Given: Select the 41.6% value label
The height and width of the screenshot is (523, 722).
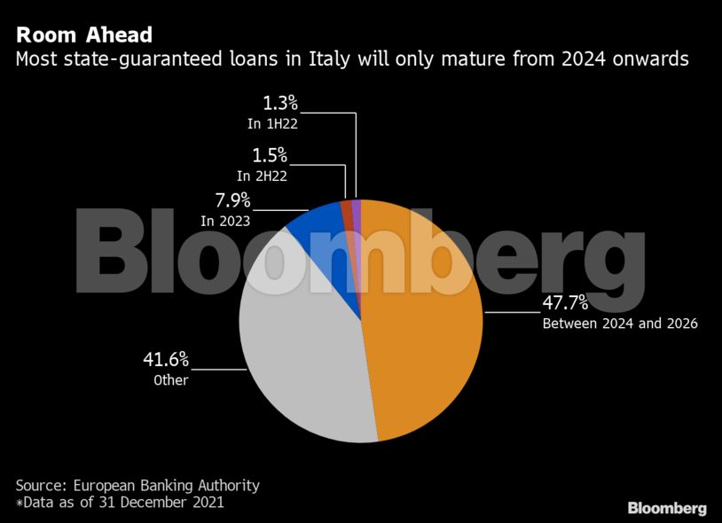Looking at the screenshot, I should (x=167, y=360).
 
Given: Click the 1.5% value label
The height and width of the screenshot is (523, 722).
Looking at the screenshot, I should (x=271, y=155).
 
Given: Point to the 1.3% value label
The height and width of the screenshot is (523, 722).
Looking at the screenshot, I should (x=279, y=105).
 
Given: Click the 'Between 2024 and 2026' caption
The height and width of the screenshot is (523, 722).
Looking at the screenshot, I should (x=620, y=324).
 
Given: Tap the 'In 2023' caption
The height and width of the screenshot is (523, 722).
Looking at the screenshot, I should (x=224, y=221).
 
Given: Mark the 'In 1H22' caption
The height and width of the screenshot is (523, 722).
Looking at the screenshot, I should (x=272, y=124).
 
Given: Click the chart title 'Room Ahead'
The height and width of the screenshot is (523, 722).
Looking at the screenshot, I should (x=84, y=35).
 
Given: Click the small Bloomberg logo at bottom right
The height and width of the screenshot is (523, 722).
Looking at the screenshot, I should (x=667, y=508).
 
